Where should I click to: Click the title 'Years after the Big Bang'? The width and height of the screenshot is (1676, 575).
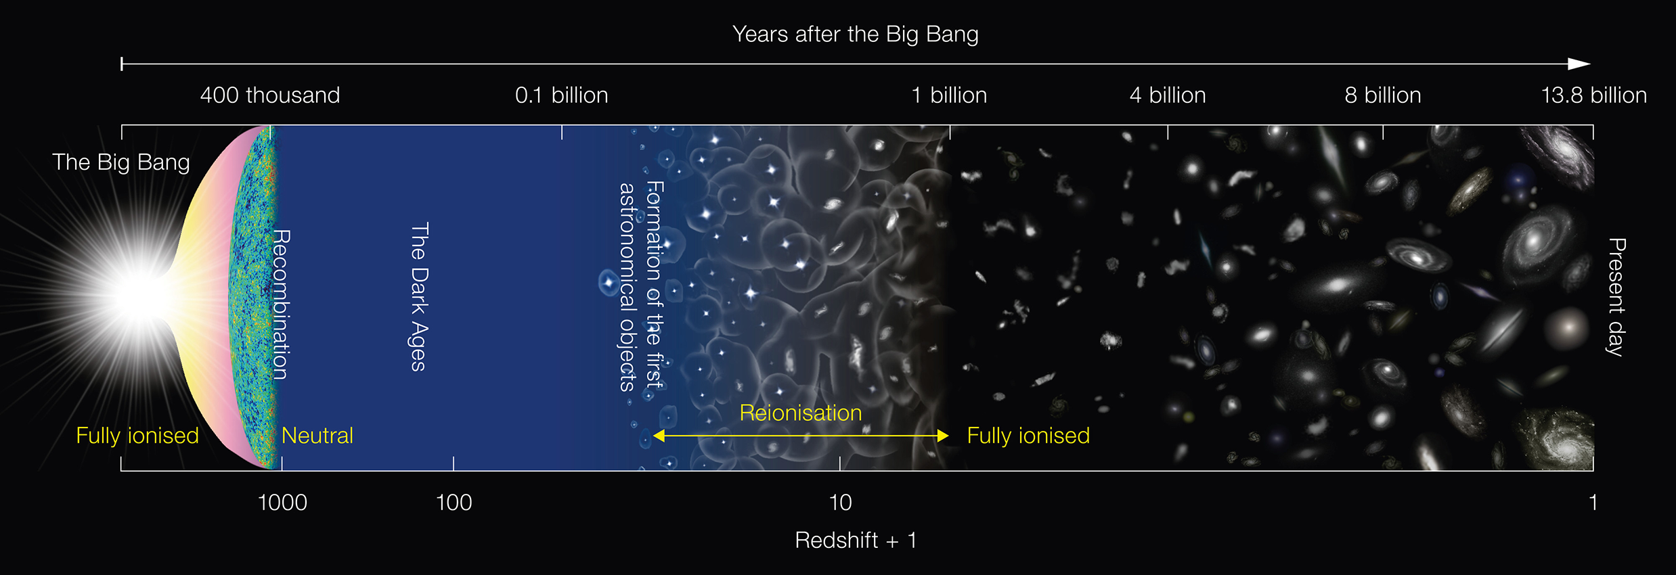[855, 34]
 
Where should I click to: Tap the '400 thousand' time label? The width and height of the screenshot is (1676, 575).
[269, 95]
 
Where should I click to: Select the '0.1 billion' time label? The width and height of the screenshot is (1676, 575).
[561, 95]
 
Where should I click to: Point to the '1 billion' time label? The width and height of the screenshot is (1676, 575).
[949, 95]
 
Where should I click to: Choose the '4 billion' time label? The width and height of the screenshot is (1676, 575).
[1168, 95]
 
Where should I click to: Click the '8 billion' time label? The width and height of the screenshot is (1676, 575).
[1382, 95]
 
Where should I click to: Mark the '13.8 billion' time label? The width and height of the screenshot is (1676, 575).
[1593, 95]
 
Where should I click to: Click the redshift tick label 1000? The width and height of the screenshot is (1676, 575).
[282, 503]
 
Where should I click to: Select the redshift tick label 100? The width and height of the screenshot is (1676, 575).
[454, 503]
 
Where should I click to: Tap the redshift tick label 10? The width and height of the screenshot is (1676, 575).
[840, 503]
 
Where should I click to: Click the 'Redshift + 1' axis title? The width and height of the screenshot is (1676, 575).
[855, 540]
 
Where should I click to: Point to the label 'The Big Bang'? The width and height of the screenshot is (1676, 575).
[121, 162]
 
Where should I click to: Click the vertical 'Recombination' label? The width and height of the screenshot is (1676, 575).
[281, 304]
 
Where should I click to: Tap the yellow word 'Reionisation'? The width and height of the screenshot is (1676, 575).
[800, 413]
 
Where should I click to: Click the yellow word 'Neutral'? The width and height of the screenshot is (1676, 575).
[317, 436]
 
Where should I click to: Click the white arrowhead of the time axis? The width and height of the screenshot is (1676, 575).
[1579, 64]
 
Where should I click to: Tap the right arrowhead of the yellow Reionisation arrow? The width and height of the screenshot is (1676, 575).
[942, 436]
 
